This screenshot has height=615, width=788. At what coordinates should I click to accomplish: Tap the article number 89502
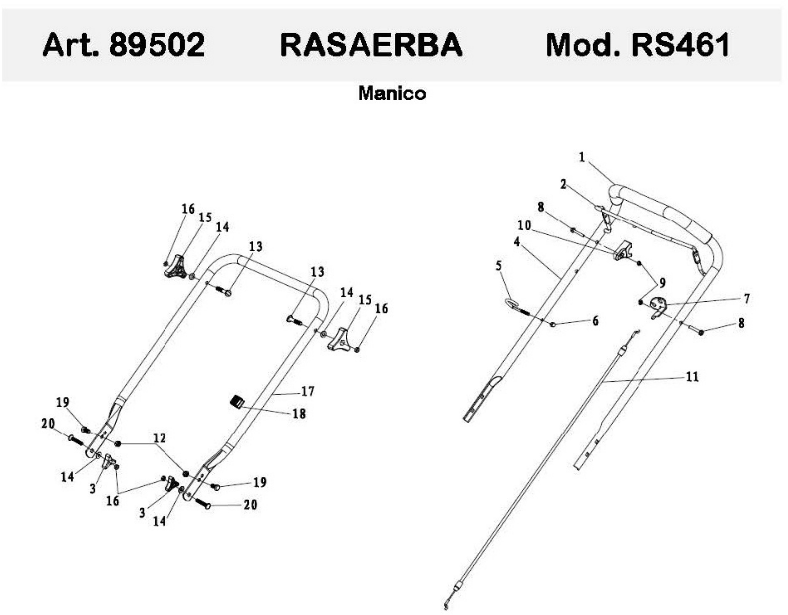point(157,45)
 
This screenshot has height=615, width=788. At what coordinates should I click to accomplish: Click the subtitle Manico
point(392,93)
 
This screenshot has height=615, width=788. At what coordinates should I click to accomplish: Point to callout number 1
point(582,157)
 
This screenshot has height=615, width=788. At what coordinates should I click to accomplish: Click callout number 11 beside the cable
point(692,377)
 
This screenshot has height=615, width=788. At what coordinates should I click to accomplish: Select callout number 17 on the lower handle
point(307,391)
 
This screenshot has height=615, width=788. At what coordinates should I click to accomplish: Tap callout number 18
point(299,414)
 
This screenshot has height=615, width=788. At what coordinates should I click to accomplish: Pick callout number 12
point(160,438)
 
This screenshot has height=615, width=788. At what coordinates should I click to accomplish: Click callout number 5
point(499,266)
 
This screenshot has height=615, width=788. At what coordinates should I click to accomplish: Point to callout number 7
point(746,298)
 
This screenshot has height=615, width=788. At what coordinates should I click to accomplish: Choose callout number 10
point(524,226)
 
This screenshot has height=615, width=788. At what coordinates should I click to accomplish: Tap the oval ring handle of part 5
point(510,303)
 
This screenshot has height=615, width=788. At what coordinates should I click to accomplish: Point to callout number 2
point(563,185)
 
